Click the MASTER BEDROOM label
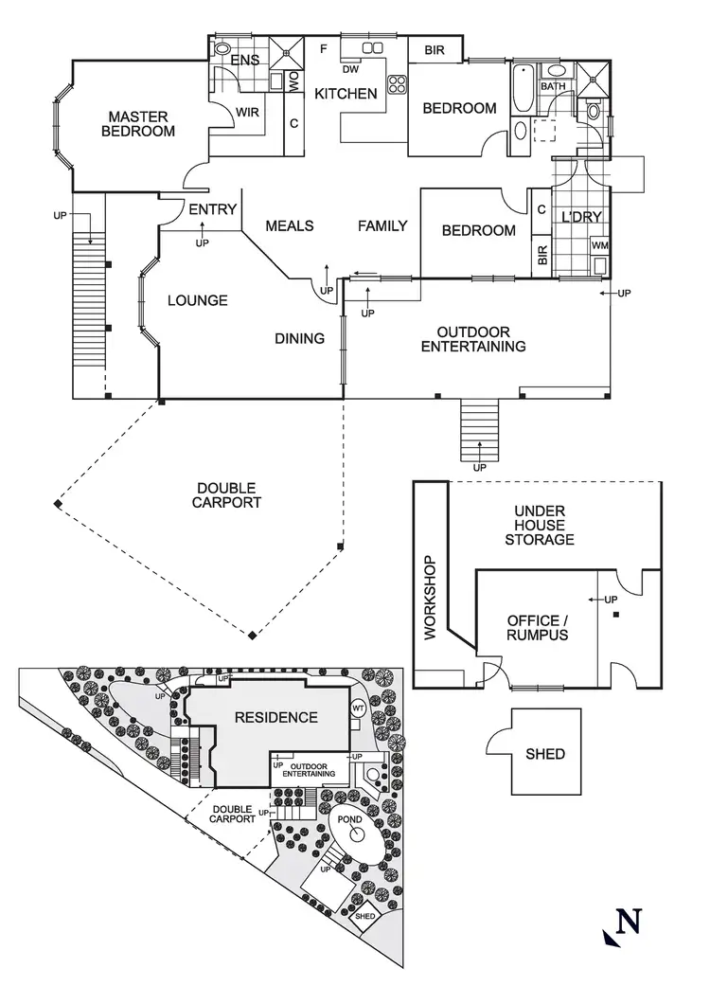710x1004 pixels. pyautogui.click(x=138, y=124)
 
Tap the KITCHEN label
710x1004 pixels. pyautogui.click(x=346, y=94)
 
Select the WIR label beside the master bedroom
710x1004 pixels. pyautogui.click(x=247, y=112)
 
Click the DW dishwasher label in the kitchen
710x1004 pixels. pyautogui.click(x=349, y=69)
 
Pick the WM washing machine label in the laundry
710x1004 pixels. pyautogui.click(x=599, y=245)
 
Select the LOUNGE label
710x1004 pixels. pyautogui.click(x=198, y=300)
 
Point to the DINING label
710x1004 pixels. pyautogui.click(x=300, y=338)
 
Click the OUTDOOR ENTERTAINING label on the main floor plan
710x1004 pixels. pyautogui.click(x=473, y=339)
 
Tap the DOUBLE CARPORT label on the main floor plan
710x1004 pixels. pyautogui.click(x=228, y=495)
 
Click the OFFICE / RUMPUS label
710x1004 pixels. pyautogui.click(x=538, y=627)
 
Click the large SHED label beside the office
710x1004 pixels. pyautogui.click(x=545, y=754)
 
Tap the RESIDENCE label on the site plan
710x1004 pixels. pyautogui.click(x=276, y=717)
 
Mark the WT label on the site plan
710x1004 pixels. pyautogui.click(x=358, y=708)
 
